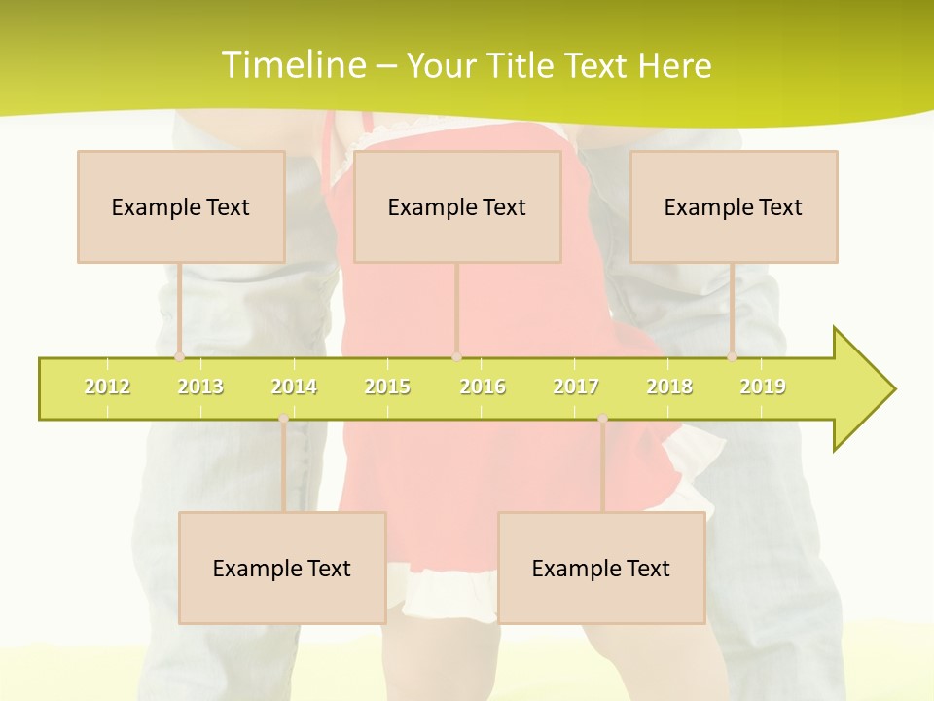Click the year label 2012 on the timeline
tap(107, 387)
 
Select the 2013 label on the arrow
tap(200, 387)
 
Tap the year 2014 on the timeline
tap(294, 387)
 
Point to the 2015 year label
tap(387, 387)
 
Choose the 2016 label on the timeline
tap(483, 387)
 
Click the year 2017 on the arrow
tap(576, 387)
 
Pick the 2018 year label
tap(669, 387)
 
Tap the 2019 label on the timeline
tap(763, 387)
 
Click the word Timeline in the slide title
tap(292, 65)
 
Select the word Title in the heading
tap(524, 65)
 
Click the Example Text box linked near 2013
tap(181, 206)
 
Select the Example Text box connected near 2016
tap(457, 206)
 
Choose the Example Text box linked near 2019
tap(734, 206)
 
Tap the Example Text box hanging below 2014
tap(282, 568)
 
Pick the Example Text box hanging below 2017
tap(601, 568)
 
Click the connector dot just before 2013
tap(179, 356)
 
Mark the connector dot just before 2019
tap(733, 356)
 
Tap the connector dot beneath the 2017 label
tap(602, 419)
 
